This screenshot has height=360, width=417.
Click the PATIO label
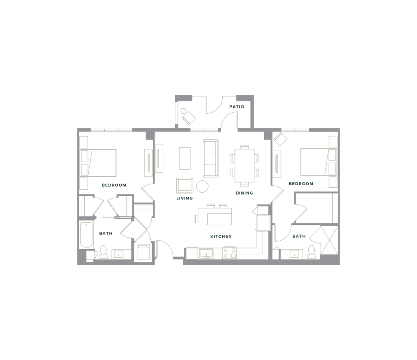tap(237, 107)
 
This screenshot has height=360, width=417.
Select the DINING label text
tap(244, 193)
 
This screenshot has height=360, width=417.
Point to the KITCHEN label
tap(222, 237)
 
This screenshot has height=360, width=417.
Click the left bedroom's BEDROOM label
tap(114, 185)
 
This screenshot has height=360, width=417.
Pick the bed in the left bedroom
tap(103, 162)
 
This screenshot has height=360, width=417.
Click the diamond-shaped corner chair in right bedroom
tap(281, 139)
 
